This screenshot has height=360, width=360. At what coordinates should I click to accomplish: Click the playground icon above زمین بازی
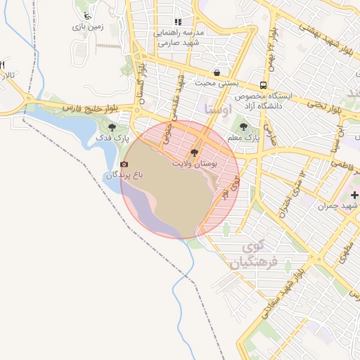point(86,15)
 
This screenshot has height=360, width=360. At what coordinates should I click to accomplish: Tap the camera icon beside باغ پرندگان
point(124,164)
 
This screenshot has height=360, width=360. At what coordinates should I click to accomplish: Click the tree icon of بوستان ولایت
point(193,152)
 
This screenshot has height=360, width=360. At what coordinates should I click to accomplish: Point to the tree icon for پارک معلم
point(244,127)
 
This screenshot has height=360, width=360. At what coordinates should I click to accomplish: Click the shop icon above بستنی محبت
point(217,72)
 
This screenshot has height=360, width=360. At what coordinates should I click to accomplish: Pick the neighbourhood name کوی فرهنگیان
point(254,255)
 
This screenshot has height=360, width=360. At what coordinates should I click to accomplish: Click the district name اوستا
point(217,109)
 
